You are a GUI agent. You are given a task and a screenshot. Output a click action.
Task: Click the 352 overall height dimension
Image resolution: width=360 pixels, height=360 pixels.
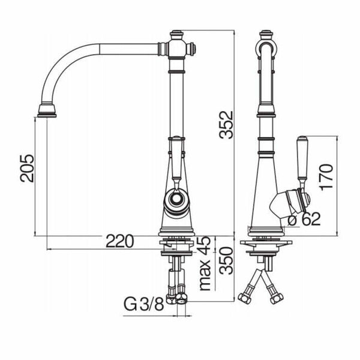coord(226,125)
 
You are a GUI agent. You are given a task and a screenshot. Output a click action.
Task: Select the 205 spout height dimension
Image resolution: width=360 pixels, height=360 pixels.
coord(27,168)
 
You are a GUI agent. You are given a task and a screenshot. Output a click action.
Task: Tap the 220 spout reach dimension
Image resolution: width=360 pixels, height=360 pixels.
coord(120,241)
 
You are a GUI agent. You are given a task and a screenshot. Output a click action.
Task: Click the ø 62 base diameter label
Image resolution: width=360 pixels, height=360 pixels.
coord(304,219)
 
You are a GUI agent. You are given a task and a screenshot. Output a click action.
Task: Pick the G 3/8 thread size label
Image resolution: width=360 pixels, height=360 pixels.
coord(144,304)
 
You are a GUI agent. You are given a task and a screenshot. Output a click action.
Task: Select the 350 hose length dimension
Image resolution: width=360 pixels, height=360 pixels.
coord(226,260)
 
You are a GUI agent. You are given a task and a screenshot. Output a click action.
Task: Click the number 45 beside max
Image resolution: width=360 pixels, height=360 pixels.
coord(204,244)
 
